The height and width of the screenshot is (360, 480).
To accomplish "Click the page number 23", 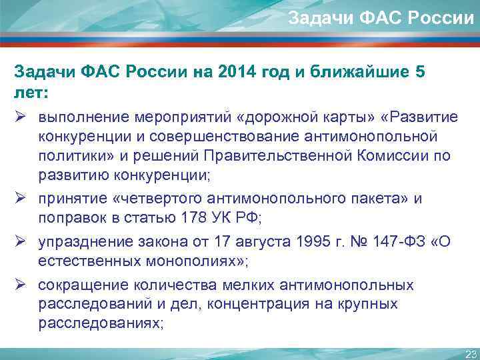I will tap(470, 353).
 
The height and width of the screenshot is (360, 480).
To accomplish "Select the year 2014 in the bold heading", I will tap(236, 73).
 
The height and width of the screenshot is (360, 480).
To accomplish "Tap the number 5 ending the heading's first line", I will tap(419, 73).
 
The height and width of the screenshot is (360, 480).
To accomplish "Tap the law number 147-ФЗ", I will tap(395, 242).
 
